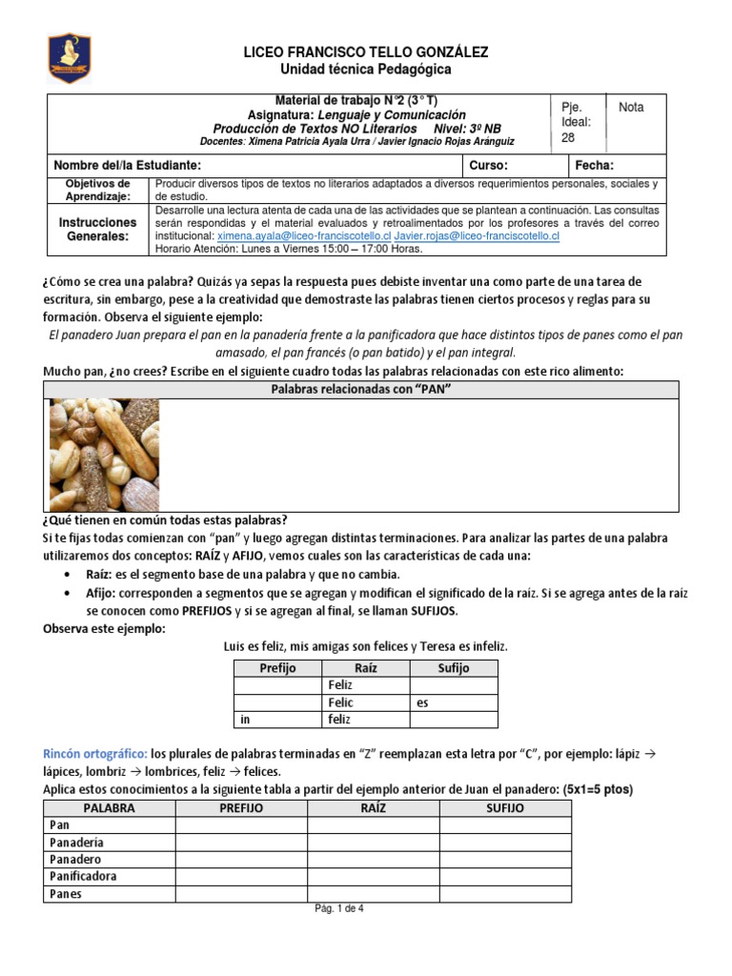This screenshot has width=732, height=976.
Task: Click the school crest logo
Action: point(69,58)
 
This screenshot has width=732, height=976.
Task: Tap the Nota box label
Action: point(631,108)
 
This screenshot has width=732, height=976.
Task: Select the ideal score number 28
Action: point(568,137)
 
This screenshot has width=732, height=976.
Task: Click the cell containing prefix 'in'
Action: point(278,721)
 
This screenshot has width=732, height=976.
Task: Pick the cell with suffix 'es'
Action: point(453,703)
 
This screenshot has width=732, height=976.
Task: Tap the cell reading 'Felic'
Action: point(366,703)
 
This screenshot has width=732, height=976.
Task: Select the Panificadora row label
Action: point(107,876)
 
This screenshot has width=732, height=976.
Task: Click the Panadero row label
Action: point(107,859)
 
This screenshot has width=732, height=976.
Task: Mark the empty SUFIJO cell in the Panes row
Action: point(505,894)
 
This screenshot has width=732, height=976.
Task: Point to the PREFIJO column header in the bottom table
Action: point(240,808)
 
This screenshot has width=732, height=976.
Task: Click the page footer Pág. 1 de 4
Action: point(339,908)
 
